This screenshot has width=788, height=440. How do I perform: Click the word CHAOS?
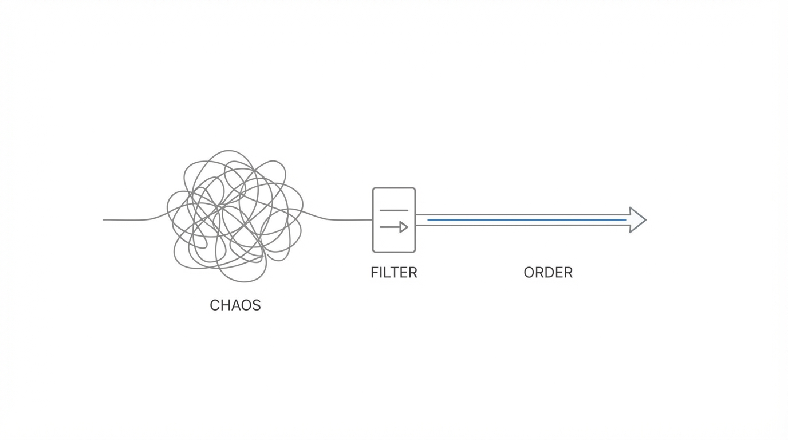235,305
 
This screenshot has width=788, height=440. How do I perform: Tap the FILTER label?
394,273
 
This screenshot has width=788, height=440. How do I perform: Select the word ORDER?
548,273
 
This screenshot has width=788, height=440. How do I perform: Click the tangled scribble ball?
235,217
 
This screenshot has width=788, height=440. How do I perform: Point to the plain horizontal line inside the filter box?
394,210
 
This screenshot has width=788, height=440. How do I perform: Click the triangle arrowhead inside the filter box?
404,227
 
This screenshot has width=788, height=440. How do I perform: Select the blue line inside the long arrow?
527,220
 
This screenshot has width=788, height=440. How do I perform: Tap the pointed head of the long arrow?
638,220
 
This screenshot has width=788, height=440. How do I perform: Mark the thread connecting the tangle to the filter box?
344,220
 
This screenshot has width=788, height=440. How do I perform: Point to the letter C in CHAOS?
215,305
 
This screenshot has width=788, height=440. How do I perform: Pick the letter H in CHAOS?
225,305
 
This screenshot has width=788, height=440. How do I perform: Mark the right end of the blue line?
625,220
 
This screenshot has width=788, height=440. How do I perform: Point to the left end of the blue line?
429,220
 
